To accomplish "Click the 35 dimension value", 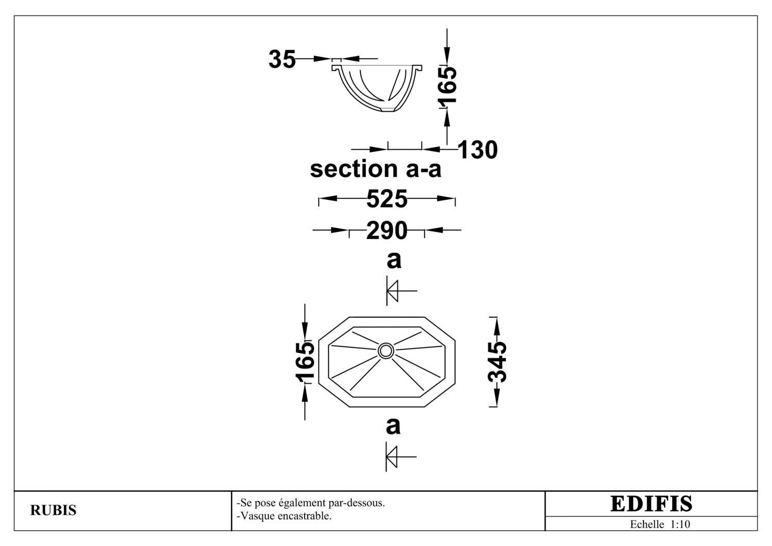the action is (282, 59).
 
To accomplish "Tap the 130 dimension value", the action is (478, 150).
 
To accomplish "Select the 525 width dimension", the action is (387, 199).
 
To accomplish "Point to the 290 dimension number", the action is (387, 230).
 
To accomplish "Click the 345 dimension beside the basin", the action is (497, 362).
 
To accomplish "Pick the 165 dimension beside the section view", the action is (447, 86).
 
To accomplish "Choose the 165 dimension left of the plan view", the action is (305, 363).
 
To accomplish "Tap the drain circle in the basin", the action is (385, 351).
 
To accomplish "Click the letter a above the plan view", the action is (394, 260).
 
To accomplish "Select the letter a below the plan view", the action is (393, 426).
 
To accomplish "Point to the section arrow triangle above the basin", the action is (392, 291).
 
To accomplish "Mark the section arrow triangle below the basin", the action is (392, 457).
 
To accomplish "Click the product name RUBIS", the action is (54, 510).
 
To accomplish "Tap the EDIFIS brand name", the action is (651, 504).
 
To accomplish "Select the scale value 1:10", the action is (680, 524).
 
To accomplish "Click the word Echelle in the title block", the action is (647, 524).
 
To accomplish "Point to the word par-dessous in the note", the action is (356, 503).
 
